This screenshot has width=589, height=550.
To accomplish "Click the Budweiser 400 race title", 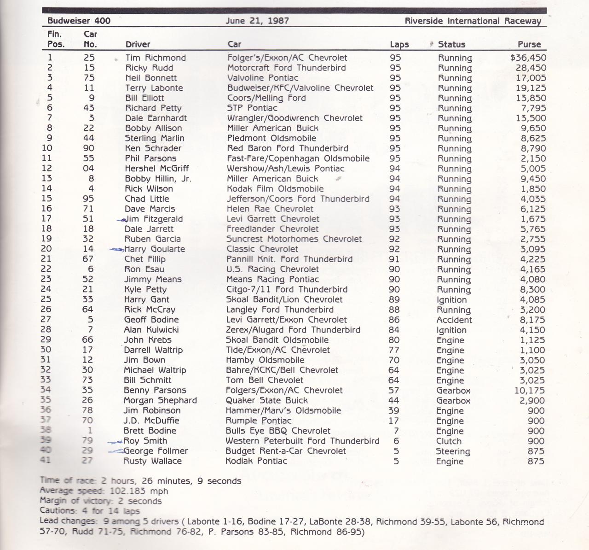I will click(x=79, y=21).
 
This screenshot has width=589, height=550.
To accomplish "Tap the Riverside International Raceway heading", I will click(x=473, y=21).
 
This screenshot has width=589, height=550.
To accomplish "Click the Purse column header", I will click(x=529, y=44).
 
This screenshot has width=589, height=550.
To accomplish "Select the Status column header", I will click(x=451, y=44).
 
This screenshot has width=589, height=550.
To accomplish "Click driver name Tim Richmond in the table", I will click(x=156, y=58).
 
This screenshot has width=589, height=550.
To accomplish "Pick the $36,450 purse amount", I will click(x=528, y=58).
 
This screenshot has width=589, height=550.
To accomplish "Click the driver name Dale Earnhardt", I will click(x=156, y=118).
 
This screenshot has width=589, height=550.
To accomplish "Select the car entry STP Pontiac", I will click(x=252, y=108).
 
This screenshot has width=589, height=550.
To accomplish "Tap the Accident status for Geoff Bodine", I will click(x=454, y=320).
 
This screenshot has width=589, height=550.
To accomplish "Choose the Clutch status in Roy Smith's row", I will click(x=449, y=441).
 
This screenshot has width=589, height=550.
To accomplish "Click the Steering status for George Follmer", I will click(x=453, y=451).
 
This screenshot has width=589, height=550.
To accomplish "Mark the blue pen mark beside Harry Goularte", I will click(x=116, y=249).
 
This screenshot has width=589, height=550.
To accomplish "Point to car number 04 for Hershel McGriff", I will click(x=88, y=168).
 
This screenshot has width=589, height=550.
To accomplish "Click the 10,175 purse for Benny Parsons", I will click(x=530, y=390).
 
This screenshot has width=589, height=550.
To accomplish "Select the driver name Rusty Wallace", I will click(x=152, y=461).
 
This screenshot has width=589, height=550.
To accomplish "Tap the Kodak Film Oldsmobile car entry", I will click(x=275, y=188).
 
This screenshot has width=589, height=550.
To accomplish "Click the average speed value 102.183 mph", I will click(x=138, y=491).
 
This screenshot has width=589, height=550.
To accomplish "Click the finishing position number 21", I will click(x=46, y=259).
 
